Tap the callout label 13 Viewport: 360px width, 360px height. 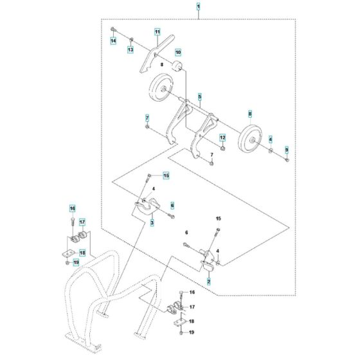[130, 50]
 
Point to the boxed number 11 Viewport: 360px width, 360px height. [156, 32]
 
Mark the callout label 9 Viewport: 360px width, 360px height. [287, 149]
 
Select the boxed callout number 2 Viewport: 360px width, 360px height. [209, 282]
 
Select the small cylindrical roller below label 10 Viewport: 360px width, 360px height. [176, 67]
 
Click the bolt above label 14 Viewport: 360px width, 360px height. [113, 30]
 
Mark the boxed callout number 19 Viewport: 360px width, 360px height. [75, 262]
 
